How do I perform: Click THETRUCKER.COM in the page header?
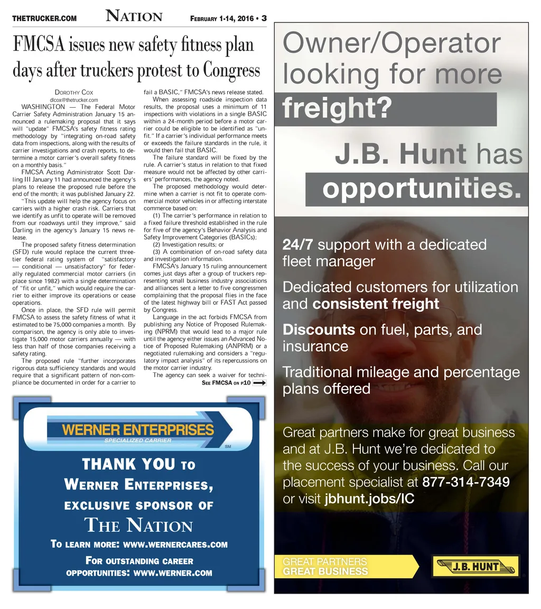(x=44, y=18)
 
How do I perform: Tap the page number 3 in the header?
(x=263, y=18)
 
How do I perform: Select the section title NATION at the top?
(x=134, y=16)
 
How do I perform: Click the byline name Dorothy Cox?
(x=74, y=93)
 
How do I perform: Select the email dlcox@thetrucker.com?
(x=74, y=100)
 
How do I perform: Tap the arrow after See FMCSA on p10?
(x=259, y=383)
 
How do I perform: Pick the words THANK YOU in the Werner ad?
(x=128, y=465)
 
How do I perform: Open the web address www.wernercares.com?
(x=175, y=545)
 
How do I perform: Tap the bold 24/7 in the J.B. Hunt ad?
(x=298, y=245)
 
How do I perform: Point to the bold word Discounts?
(x=319, y=330)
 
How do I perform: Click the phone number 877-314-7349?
(x=466, y=482)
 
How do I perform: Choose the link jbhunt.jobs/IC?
(x=369, y=499)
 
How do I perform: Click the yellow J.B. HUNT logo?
(x=475, y=567)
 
